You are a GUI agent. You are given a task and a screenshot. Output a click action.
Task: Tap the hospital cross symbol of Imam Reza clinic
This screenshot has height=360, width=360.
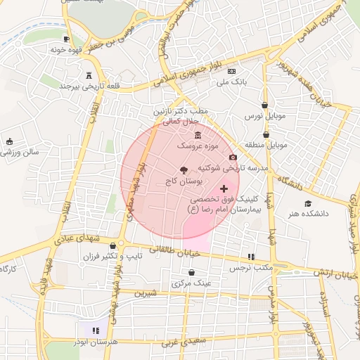point(224,188)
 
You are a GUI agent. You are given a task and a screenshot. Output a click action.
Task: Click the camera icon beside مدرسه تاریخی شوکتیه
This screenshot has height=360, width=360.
point(233,157)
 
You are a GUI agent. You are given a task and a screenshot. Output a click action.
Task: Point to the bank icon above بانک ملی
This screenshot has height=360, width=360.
point(231,72)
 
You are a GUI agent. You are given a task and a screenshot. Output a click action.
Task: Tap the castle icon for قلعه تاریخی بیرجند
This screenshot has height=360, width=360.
point(89,75)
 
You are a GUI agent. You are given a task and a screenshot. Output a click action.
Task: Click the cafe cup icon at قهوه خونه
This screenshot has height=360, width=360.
point(66,39)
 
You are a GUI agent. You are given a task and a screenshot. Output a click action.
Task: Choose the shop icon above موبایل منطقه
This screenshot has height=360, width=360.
point(266,134)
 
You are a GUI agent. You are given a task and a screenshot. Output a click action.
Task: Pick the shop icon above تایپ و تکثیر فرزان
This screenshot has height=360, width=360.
point(113,245)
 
